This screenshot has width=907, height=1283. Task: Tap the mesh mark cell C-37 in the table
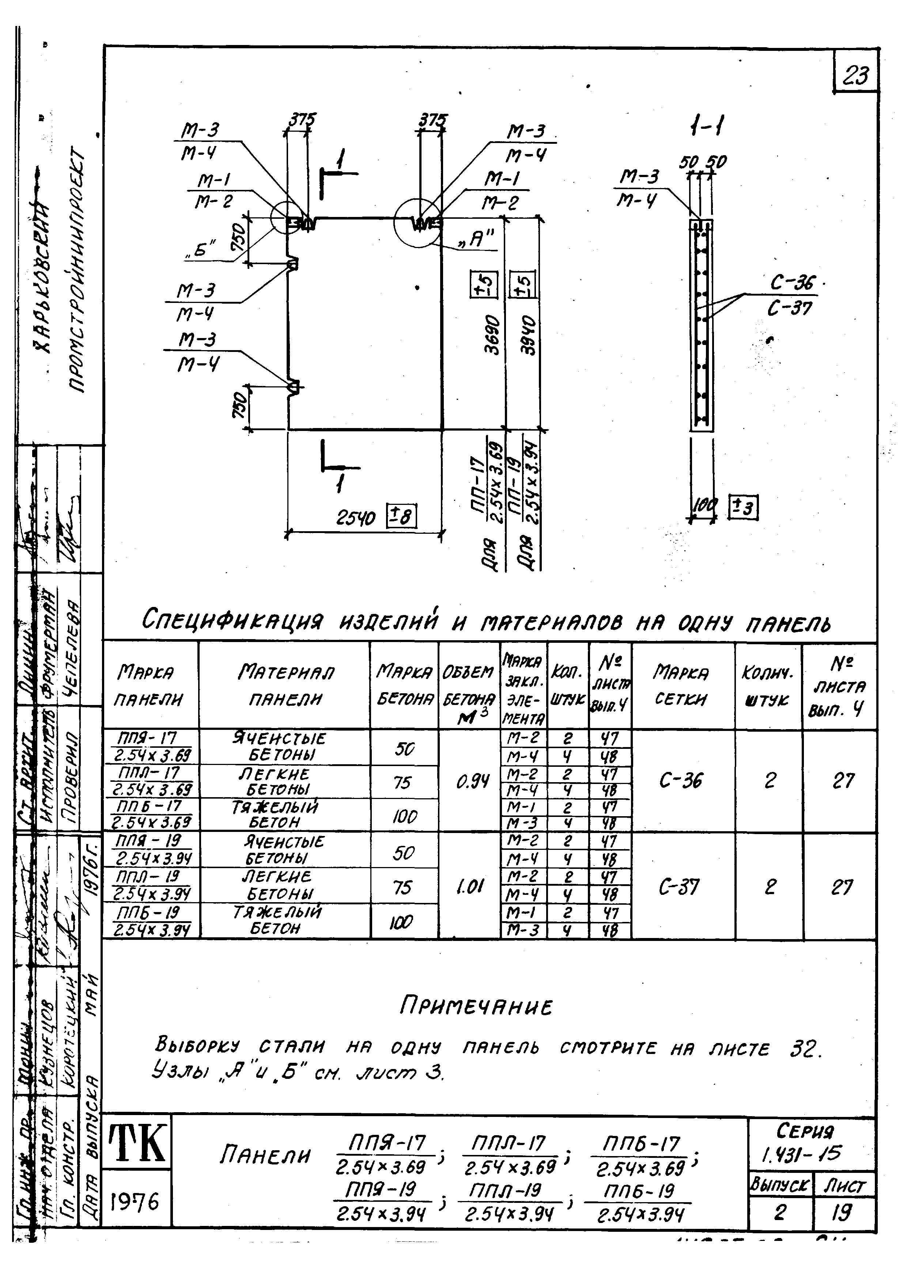pos(680,886)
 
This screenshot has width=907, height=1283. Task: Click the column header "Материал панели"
pos(286,685)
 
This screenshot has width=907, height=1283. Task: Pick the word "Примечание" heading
pos(476,1007)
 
